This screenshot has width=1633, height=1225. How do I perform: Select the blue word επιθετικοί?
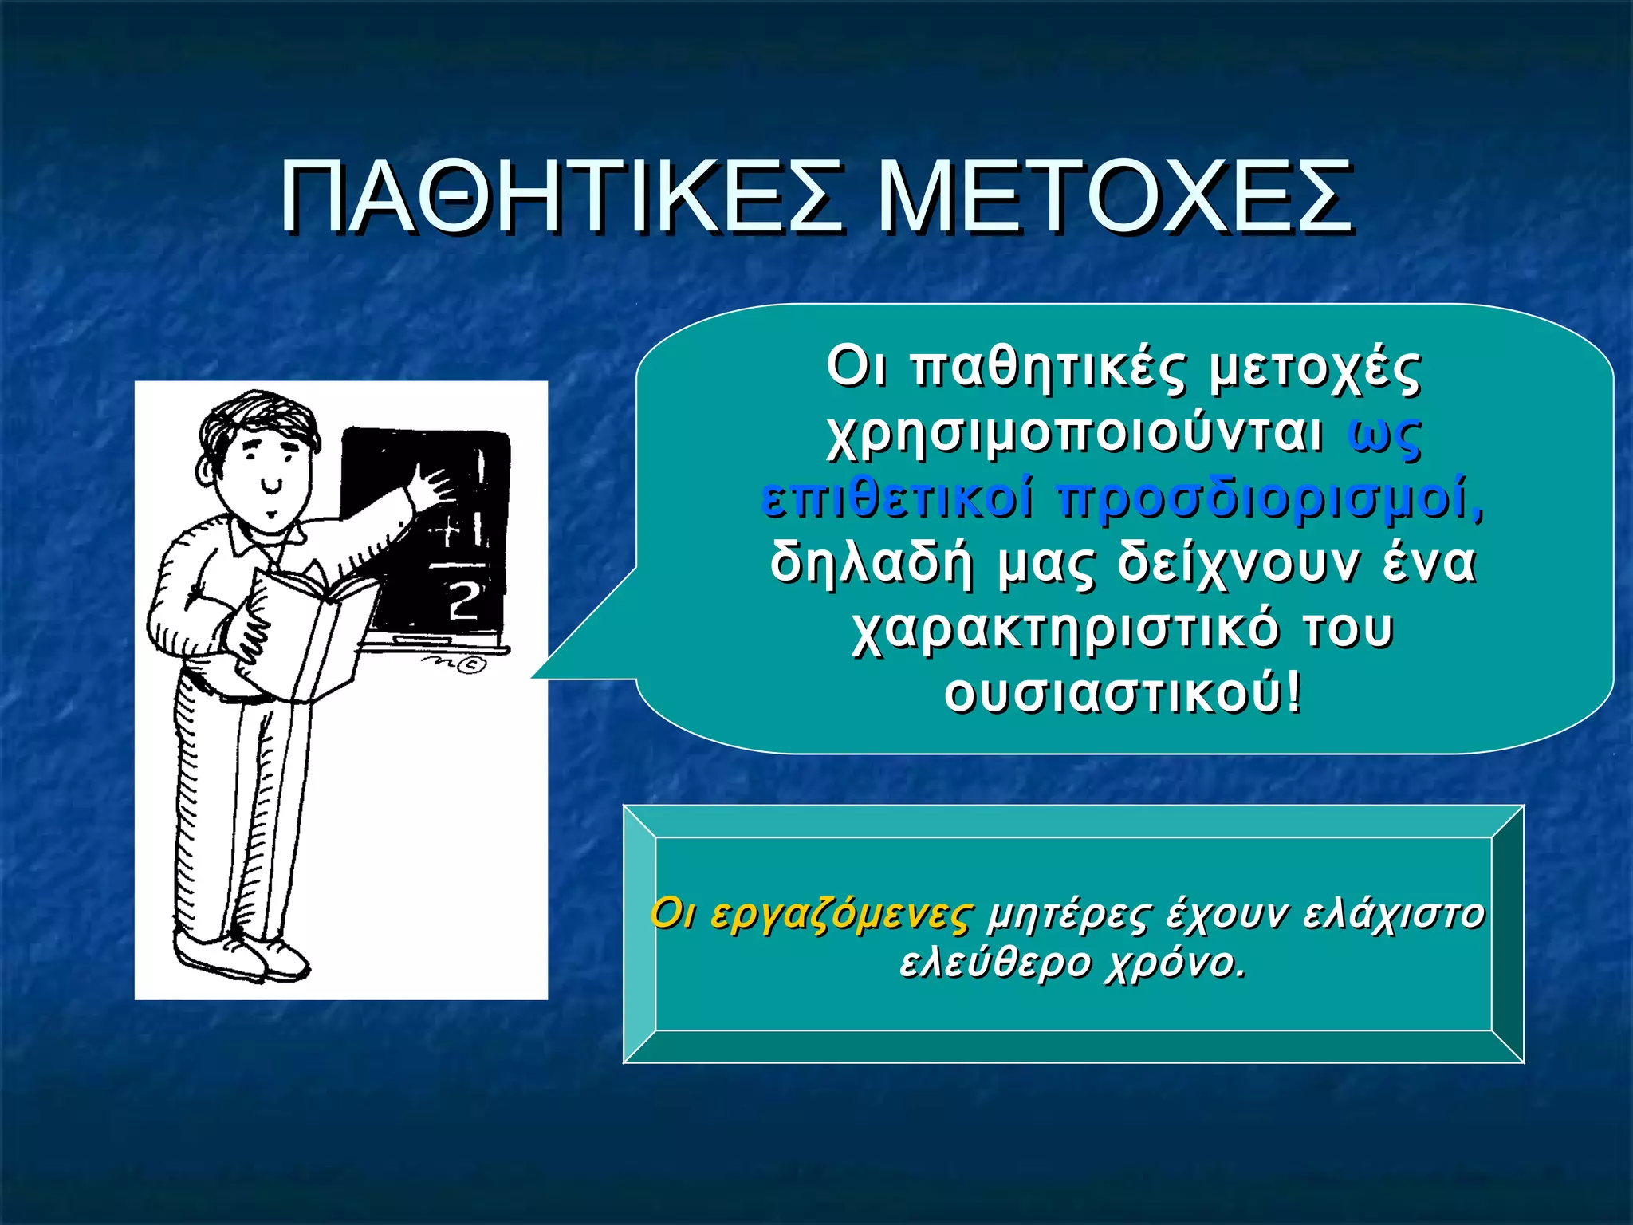pyautogui.click(x=897, y=500)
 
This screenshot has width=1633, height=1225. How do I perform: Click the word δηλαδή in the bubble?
pyautogui.click(x=872, y=564)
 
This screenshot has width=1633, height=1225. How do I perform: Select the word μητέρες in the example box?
pyautogui.click(x=1068, y=915)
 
